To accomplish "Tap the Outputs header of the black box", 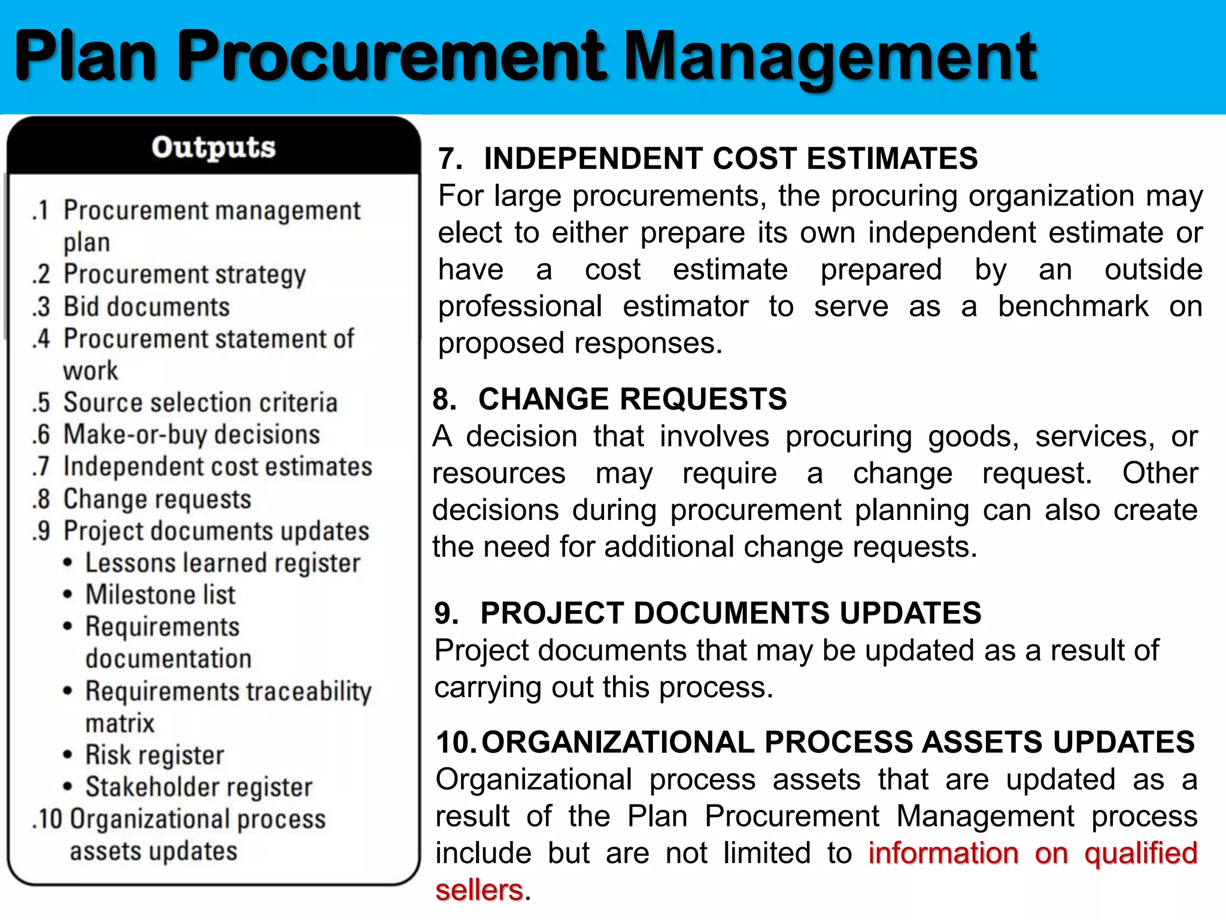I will pyautogui.click(x=213, y=147).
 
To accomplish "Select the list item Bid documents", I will pyautogui.click(x=147, y=307).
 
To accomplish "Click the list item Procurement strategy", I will pyautogui.click(x=184, y=274).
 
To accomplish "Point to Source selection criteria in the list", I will pyautogui.click(x=201, y=402).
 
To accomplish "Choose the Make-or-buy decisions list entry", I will pyautogui.click(x=192, y=434).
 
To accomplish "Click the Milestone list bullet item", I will pyautogui.click(x=160, y=595).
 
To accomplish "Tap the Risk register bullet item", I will pyautogui.click(x=154, y=755).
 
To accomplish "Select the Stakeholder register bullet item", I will pyautogui.click(x=199, y=787).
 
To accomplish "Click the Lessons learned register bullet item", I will pyautogui.click(x=223, y=563).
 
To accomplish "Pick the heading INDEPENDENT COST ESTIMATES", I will pyautogui.click(x=730, y=159).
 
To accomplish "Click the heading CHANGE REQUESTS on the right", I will pyautogui.click(x=632, y=399).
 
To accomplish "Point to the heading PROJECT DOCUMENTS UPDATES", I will pyautogui.click(x=730, y=613).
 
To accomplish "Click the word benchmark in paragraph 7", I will pyautogui.click(x=1073, y=307).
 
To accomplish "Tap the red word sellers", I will pyautogui.click(x=479, y=890).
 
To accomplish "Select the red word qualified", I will pyautogui.click(x=1140, y=853).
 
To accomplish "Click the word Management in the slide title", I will pyautogui.click(x=830, y=57).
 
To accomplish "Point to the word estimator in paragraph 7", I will pyautogui.click(x=685, y=307).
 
